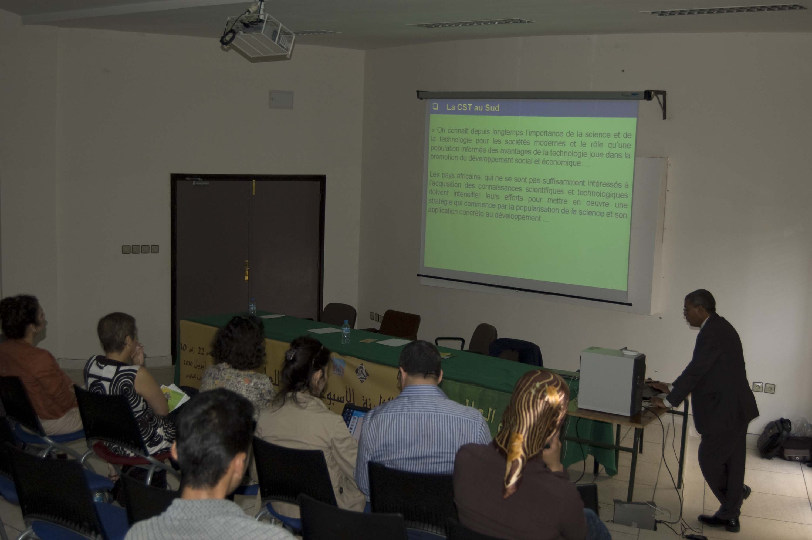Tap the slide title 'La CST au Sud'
click(473, 107)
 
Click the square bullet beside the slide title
click(435, 106)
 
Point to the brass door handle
click(246, 270)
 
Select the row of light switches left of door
click(140, 249)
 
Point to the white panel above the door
click(281, 100)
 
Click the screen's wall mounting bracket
click(659, 102)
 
